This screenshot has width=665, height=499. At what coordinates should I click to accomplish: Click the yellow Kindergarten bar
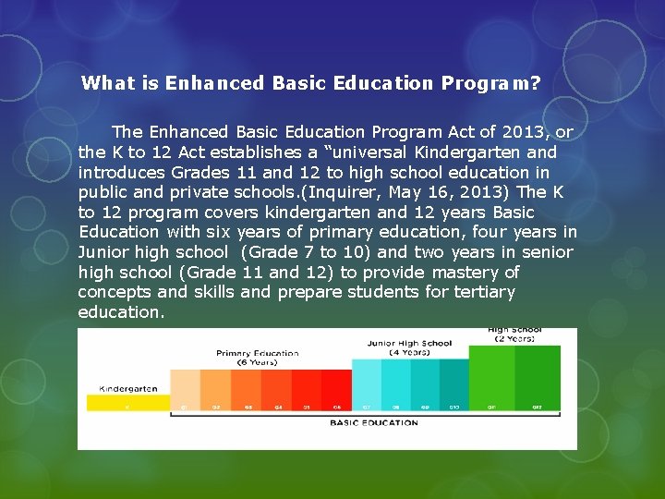click(127, 403)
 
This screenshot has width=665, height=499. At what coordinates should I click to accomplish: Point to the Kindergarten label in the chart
click(128, 388)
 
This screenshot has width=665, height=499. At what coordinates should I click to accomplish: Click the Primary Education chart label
click(258, 353)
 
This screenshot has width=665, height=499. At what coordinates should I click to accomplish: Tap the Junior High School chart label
click(409, 343)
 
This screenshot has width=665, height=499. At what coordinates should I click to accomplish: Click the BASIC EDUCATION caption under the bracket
click(374, 423)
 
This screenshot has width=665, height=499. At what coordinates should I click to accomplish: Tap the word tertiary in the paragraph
click(484, 292)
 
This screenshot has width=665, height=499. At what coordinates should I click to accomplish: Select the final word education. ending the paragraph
click(121, 312)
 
